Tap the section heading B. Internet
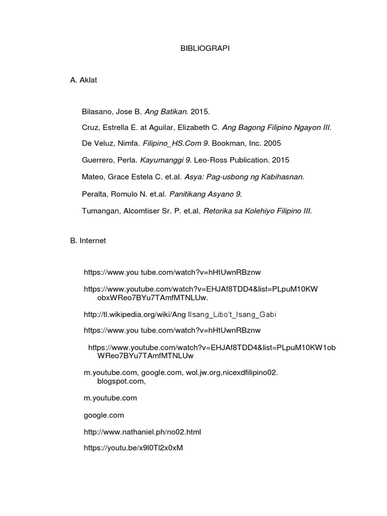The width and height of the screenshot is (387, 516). point(88,241)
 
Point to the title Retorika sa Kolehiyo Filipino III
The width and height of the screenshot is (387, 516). point(257,210)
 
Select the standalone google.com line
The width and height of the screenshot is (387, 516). point(103,416)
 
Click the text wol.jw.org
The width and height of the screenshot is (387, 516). point(198,372)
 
